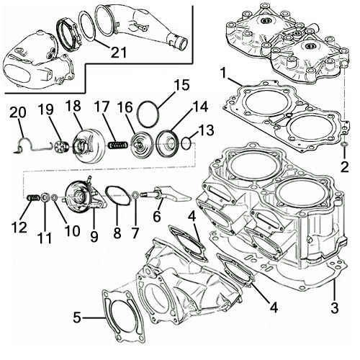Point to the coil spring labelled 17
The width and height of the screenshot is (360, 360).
(117, 146)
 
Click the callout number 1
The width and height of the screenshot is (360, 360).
(226, 74)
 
